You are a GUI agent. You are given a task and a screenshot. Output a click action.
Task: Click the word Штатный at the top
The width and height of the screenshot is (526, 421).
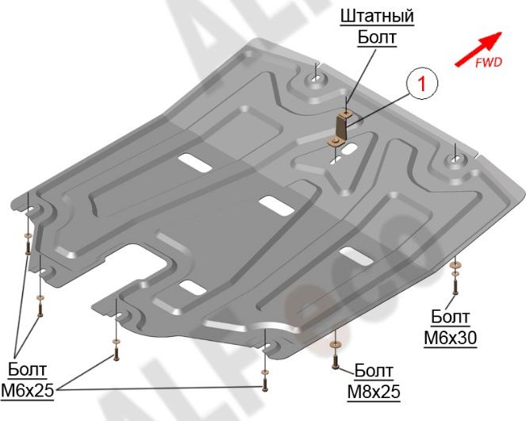(377, 15)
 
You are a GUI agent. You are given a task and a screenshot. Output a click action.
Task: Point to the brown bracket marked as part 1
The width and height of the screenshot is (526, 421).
(340, 129)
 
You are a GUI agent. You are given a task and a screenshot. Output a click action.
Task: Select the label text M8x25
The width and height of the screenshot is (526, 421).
(374, 391)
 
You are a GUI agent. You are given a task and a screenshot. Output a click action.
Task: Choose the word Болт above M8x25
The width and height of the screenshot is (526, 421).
(374, 372)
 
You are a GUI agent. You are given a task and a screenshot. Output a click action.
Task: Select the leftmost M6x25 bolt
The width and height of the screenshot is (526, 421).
(29, 247)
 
